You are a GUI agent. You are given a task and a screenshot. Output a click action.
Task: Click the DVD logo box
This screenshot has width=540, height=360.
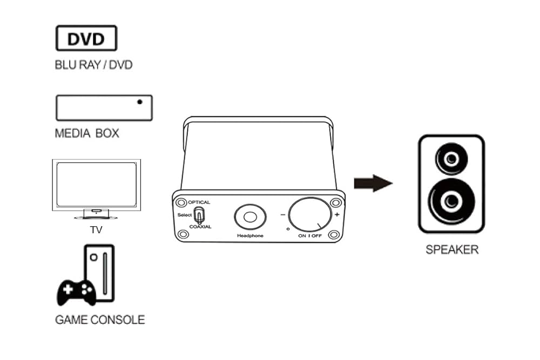(x=86, y=38)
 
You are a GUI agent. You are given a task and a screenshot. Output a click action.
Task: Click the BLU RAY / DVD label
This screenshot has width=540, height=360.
(x=93, y=65)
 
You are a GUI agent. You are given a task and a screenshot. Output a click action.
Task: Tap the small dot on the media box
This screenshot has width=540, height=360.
(x=140, y=101)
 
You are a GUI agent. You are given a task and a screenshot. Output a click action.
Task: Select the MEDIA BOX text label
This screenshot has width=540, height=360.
(x=87, y=133)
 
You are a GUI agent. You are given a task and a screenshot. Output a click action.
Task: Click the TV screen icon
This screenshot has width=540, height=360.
(x=96, y=185)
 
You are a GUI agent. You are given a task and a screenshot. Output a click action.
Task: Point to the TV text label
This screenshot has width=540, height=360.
(x=96, y=230)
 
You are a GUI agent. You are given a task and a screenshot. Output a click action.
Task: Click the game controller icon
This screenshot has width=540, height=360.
(x=76, y=292)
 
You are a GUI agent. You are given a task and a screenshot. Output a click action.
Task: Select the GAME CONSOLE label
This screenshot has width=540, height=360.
(x=100, y=320)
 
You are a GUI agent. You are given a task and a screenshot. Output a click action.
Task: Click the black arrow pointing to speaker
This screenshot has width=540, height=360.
(x=373, y=184)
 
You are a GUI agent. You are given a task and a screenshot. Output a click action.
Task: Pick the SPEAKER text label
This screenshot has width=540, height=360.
(x=452, y=250)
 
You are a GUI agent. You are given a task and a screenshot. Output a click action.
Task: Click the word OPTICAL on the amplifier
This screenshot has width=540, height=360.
(x=199, y=202)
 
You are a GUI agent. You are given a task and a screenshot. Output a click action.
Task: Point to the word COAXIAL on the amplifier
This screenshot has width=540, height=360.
(x=200, y=227)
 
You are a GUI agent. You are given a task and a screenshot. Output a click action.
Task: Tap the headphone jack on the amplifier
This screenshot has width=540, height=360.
(x=249, y=217)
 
